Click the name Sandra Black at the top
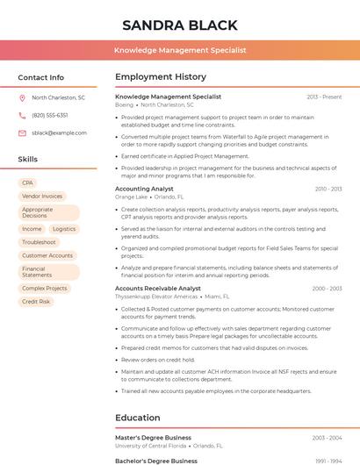click(180, 25)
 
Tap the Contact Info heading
click(40, 77)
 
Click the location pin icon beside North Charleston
click(22, 98)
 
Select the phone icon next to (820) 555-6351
click(22, 116)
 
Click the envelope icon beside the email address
click(22, 133)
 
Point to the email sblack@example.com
click(59, 133)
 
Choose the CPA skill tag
click(28, 183)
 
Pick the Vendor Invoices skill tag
click(42, 197)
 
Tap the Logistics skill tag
click(64, 229)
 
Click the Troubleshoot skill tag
click(39, 242)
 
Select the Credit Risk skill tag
click(36, 302)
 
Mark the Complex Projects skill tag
click(44, 289)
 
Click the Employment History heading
click(161, 77)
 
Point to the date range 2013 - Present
click(324, 97)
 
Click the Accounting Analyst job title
click(144, 189)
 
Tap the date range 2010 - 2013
click(328, 189)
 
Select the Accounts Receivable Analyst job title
click(158, 289)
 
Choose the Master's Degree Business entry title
click(153, 437)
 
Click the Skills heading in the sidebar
click(28, 160)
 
